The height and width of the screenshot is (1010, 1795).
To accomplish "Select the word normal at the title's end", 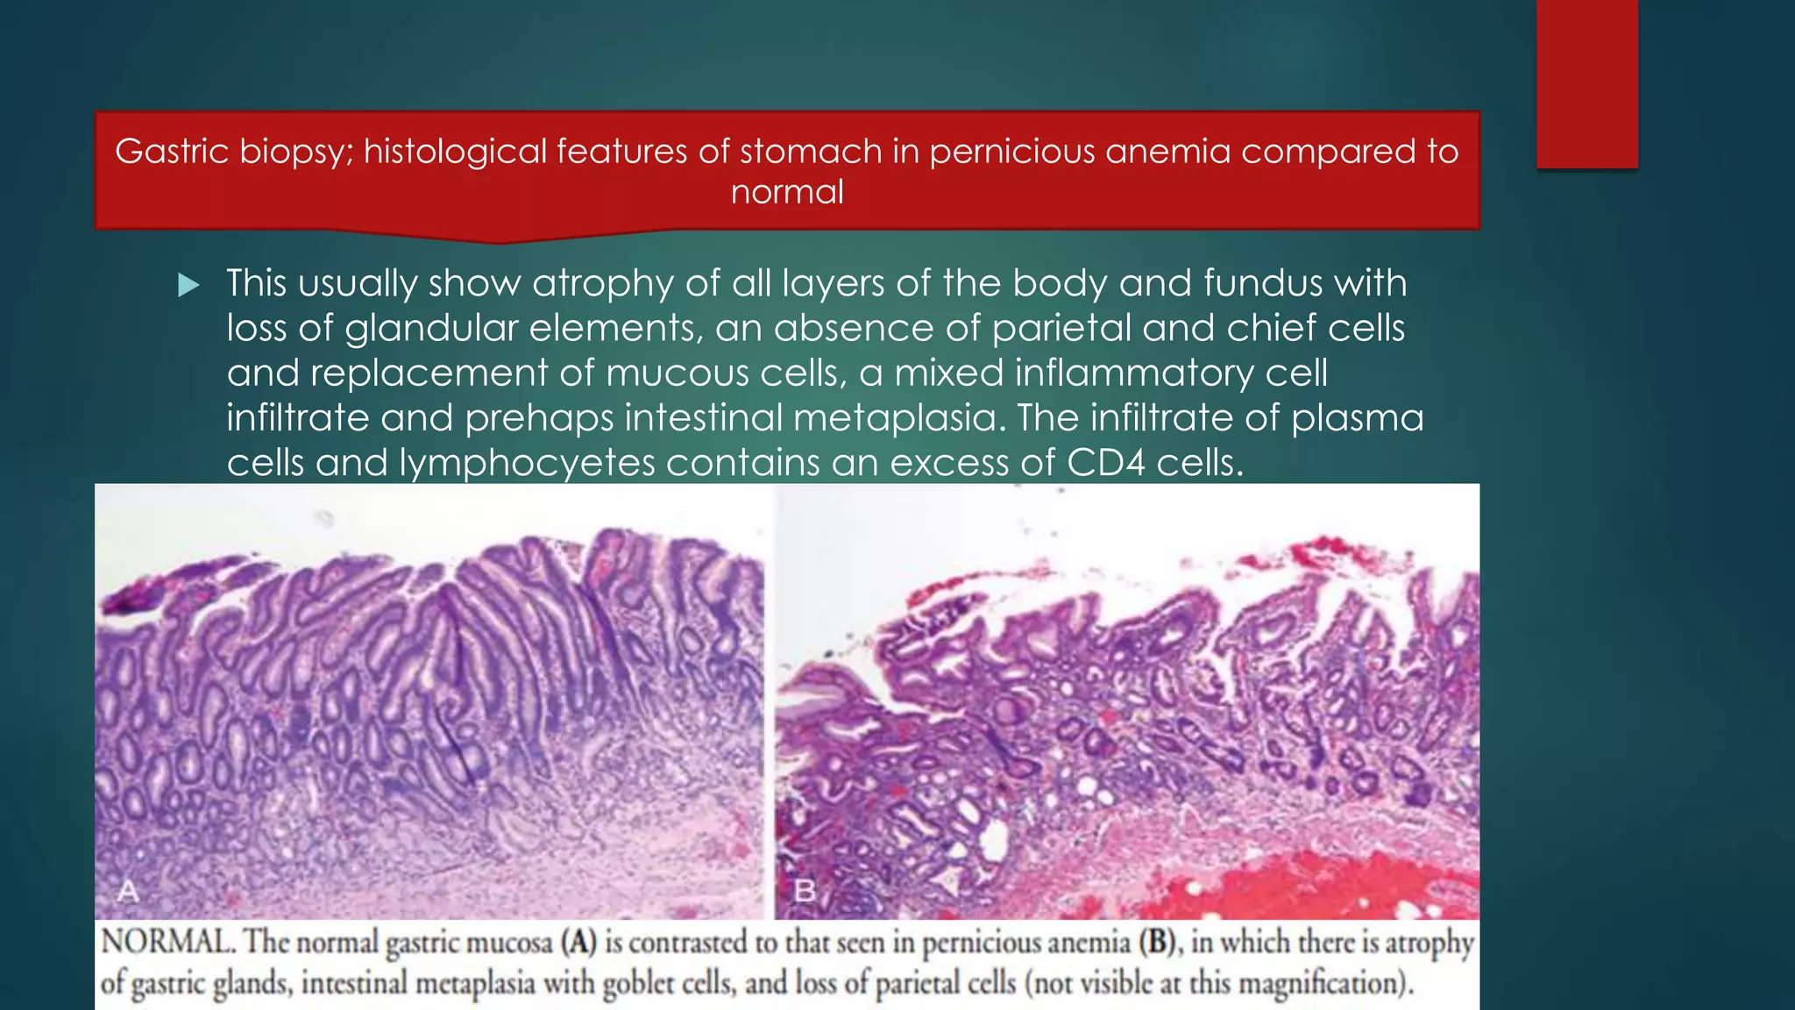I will click(x=787, y=192).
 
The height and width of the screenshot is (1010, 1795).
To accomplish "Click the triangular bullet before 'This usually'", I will click(x=188, y=285).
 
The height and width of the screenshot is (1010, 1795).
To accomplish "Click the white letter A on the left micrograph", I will click(x=128, y=891).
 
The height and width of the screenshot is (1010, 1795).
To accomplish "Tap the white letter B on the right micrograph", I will click(x=805, y=891).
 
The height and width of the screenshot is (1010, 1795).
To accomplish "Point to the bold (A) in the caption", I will click(x=579, y=942).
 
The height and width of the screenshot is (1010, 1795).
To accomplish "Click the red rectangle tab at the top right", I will click(x=1586, y=83).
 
